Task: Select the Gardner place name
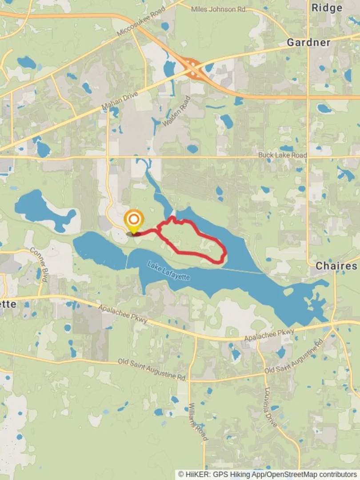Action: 308,43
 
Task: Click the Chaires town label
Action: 336,266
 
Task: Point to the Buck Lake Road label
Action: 283,155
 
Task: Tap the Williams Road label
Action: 198,422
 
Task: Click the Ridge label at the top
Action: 327,8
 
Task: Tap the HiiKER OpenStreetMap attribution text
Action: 268,474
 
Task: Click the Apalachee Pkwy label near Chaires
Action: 269,336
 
